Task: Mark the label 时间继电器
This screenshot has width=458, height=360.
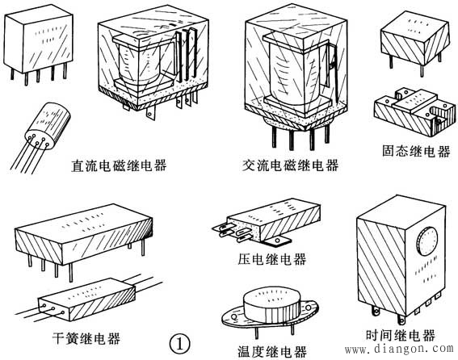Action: click(401, 335)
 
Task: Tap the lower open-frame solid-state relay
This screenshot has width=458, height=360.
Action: click(412, 113)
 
